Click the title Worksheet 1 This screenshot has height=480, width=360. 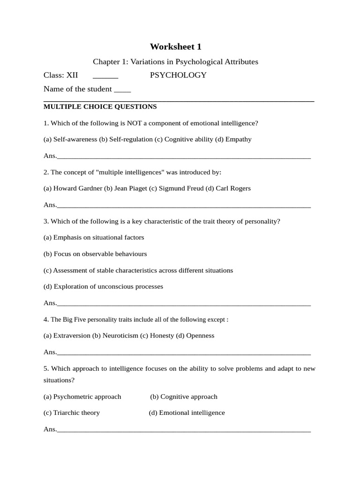click(x=176, y=46)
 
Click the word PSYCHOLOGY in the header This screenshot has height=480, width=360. click(x=178, y=75)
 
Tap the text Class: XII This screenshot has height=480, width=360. click(x=61, y=75)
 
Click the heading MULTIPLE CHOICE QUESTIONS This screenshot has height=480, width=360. click(x=100, y=106)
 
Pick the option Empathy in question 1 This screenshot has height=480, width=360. click(x=239, y=139)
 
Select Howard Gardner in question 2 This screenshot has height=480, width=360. click(x=78, y=188)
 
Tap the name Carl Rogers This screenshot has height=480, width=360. click(x=233, y=188)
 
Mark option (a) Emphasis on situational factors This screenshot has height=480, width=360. click(x=94, y=238)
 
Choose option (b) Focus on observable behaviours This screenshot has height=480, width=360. click(x=95, y=254)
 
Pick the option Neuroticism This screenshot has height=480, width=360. click(x=120, y=336)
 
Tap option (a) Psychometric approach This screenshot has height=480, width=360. click(x=82, y=397)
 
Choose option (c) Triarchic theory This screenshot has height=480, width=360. click(x=72, y=413)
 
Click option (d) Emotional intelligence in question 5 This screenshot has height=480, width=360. click(x=187, y=413)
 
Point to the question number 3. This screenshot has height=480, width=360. click(x=46, y=221)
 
